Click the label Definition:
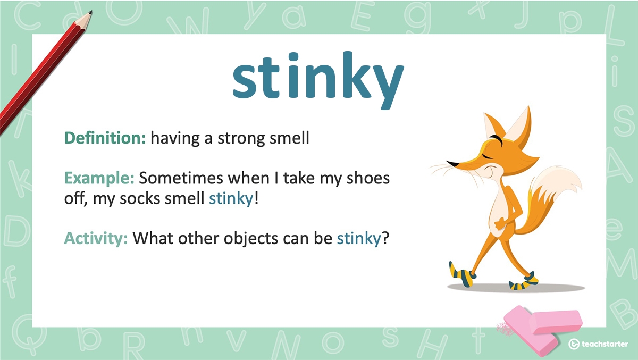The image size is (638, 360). pos(105,139)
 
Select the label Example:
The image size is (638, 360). pos(99,178)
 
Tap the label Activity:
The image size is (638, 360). pos(96,238)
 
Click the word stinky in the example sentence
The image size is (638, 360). pos(231,199)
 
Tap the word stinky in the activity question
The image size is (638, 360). pos(359,238)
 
